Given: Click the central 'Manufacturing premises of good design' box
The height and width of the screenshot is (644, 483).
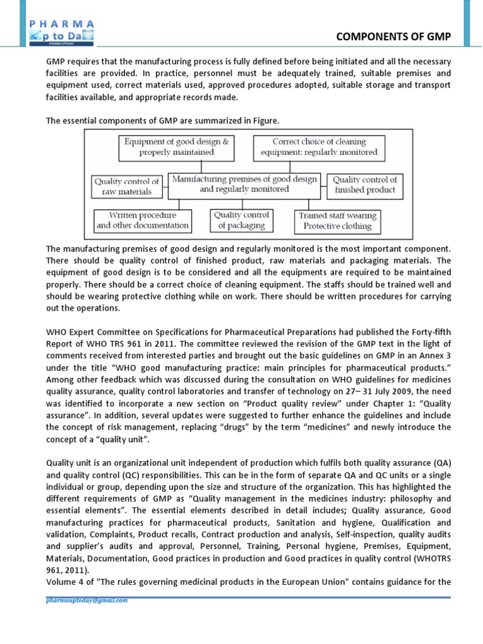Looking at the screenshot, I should pyautogui.click(x=245, y=184).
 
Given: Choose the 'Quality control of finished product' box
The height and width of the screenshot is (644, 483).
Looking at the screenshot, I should pyautogui.click(x=365, y=184).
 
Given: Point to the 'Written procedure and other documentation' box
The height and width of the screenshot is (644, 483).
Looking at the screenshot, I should pyautogui.click(x=143, y=220).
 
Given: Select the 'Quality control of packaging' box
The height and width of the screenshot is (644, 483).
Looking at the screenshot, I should pyautogui.click(x=241, y=220).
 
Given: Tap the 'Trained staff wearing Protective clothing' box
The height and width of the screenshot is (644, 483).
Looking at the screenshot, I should pyautogui.click(x=337, y=221).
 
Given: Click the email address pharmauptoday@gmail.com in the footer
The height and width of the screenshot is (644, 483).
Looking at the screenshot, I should pyautogui.click(x=87, y=600).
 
